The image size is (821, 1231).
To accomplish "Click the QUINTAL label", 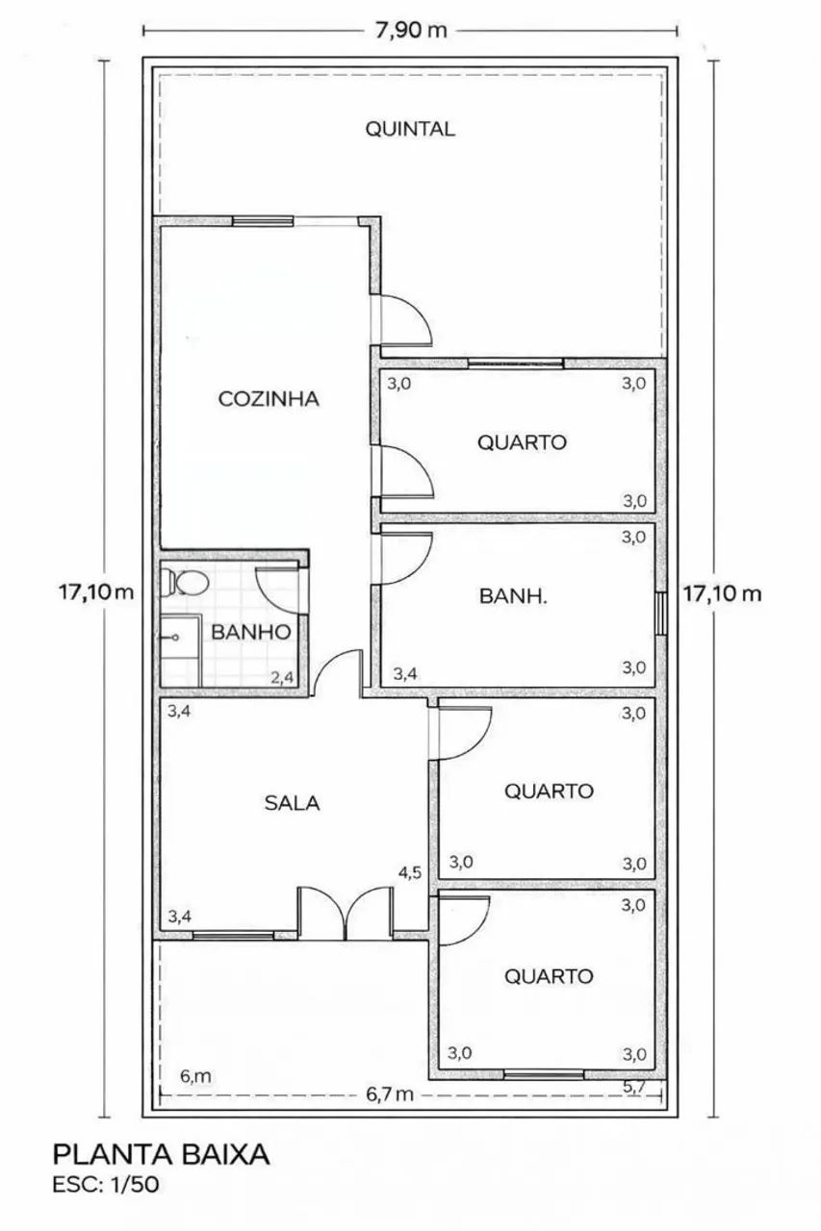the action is (x=410, y=129).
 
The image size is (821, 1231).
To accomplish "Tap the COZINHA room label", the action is (x=269, y=398).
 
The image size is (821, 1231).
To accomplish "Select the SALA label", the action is (x=292, y=803).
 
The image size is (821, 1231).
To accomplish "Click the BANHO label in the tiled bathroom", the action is (x=251, y=632).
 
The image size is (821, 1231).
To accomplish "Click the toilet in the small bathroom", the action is (x=185, y=583).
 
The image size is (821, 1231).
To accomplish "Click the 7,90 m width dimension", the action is (x=411, y=30).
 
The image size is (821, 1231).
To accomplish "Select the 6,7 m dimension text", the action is (x=390, y=1094).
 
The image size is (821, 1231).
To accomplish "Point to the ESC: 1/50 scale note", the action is (x=106, y=1184).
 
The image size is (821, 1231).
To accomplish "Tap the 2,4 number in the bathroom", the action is (x=282, y=677).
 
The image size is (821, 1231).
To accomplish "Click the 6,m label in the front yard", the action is (x=195, y=1076).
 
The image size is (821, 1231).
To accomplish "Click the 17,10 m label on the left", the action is (x=96, y=593).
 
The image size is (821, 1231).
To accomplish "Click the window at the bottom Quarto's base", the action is (x=544, y=1074).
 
